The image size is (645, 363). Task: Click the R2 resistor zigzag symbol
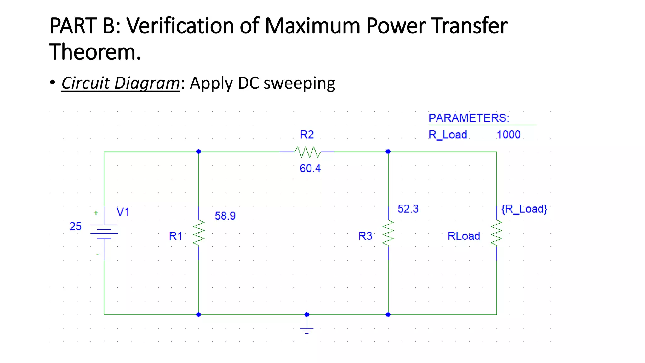(307, 152)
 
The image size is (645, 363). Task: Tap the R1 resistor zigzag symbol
(199, 233)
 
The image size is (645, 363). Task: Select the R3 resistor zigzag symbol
(388, 233)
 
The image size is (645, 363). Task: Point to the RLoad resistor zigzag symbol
(496, 233)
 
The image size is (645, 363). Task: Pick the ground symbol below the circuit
(307, 330)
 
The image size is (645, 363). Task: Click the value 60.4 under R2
(310, 169)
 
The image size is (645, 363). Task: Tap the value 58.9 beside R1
(225, 216)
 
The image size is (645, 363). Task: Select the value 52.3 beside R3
(408, 209)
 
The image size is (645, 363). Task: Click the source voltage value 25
(75, 227)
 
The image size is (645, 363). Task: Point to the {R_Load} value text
(524, 209)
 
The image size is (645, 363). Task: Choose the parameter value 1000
(508, 135)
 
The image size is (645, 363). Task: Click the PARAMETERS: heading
(469, 118)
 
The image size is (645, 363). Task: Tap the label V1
(123, 212)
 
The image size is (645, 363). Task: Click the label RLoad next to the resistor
(464, 236)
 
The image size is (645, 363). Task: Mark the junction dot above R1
(198, 152)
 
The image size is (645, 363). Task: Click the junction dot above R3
(388, 152)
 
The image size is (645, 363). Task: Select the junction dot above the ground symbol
(307, 314)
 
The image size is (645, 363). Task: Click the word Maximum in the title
(312, 26)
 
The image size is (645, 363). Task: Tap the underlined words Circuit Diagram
(121, 83)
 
